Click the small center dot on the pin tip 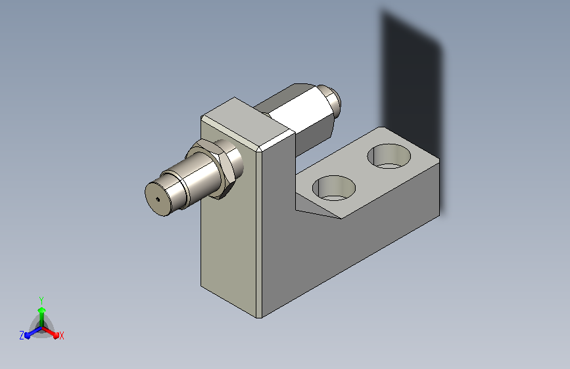[157, 199]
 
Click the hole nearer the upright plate [334, 188]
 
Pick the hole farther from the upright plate [389, 156]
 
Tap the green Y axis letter [41, 300]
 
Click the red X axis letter [61, 336]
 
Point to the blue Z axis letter [22, 336]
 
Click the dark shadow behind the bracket [411, 83]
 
